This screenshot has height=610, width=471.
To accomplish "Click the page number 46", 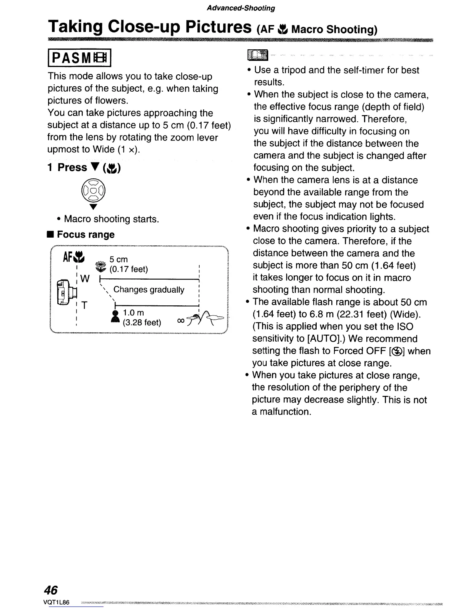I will (x=51, y=590).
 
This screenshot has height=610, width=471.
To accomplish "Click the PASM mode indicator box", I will (x=79, y=59).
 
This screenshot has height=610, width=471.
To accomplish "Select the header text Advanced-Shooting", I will (x=241, y=8).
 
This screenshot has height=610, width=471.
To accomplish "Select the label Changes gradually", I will (x=149, y=290).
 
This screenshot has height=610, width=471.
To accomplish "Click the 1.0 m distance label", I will (x=133, y=313).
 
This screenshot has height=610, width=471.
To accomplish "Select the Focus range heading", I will (x=85, y=235).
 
